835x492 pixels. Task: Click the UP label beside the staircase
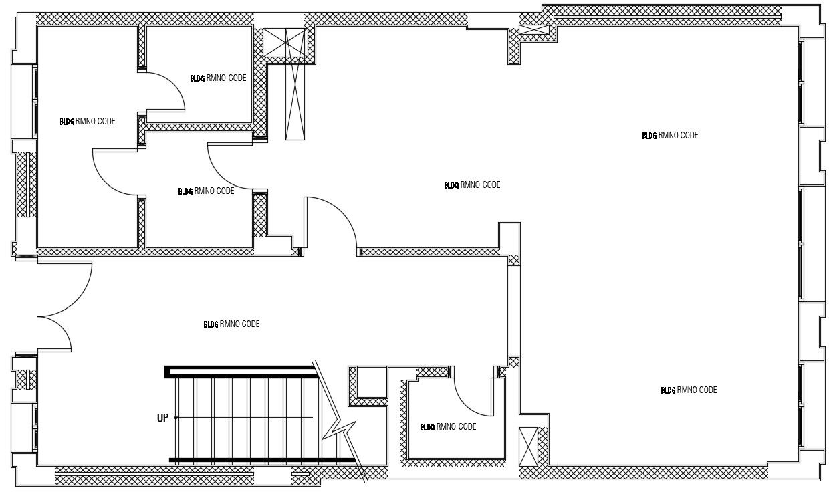(162, 418)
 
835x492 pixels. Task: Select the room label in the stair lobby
(231, 324)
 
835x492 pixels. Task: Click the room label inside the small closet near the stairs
(448, 427)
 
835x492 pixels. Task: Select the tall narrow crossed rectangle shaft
(295, 100)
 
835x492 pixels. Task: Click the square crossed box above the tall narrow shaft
(285, 43)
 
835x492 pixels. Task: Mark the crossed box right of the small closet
(528, 446)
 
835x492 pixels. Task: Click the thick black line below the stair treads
(261, 460)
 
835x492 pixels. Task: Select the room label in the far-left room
(88, 122)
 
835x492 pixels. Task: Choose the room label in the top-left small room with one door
(218, 78)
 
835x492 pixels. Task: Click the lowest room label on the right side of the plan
(689, 390)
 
